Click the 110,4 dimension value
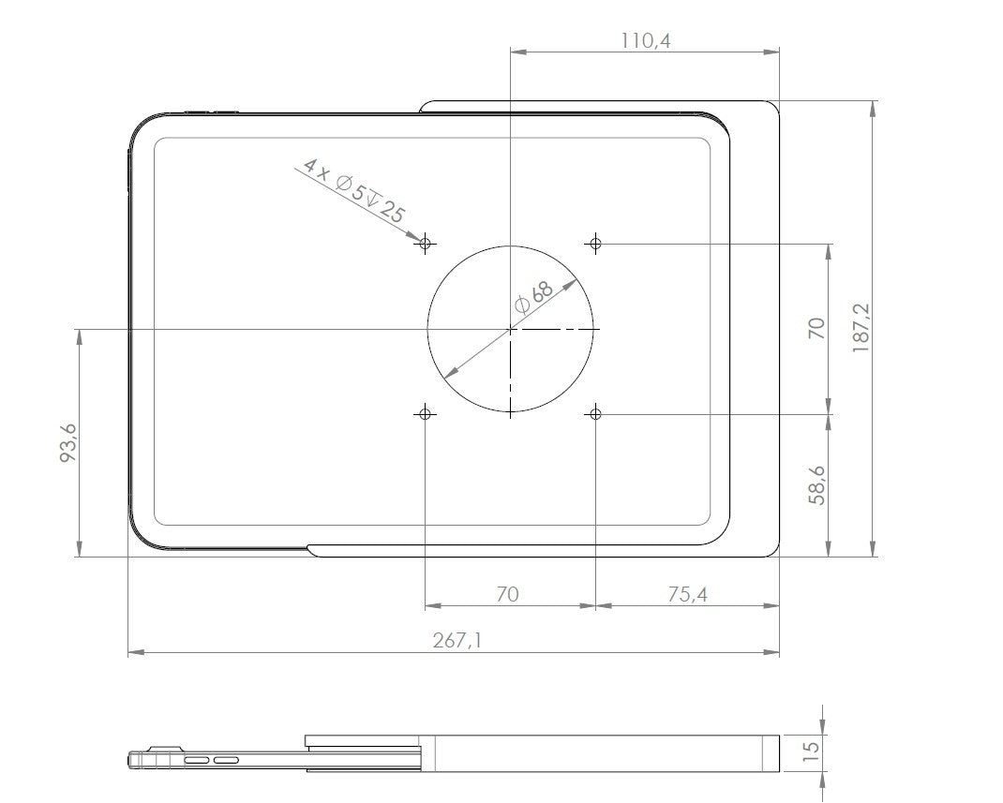646,41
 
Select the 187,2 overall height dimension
861,328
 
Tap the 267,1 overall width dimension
457,640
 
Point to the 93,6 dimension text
67,442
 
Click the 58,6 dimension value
816,485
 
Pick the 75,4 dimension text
688,595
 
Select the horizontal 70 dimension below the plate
507,595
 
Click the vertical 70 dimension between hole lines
816,328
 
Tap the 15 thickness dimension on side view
811,751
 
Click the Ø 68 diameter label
532,297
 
